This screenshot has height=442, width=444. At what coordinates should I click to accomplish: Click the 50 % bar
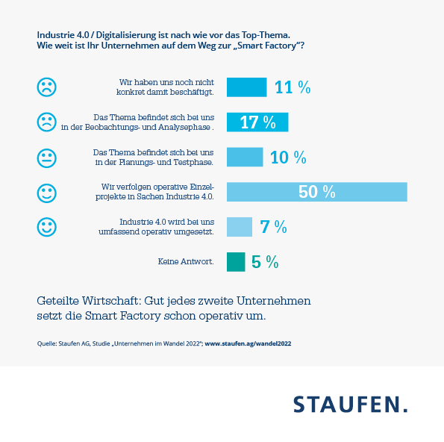point(316,192)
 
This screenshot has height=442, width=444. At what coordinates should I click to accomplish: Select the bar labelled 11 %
point(246,87)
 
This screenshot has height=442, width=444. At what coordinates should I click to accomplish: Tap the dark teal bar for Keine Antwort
point(236,261)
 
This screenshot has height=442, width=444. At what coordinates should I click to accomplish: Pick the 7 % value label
point(274,227)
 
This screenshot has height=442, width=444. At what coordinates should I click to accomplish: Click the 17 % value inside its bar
point(257,122)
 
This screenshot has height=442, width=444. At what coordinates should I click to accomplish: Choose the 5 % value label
point(265,262)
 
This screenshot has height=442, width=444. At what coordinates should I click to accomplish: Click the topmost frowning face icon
point(47,87)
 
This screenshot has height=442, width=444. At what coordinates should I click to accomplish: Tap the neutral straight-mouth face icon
point(47,158)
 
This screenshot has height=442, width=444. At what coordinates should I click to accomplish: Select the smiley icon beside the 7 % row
point(47,227)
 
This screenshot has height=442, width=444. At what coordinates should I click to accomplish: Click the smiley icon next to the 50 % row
point(47,193)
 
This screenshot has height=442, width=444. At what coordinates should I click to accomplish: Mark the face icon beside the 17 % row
point(47,122)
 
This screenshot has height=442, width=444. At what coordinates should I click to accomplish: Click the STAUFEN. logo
point(350,404)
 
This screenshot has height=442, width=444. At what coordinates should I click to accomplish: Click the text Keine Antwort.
point(186,261)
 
